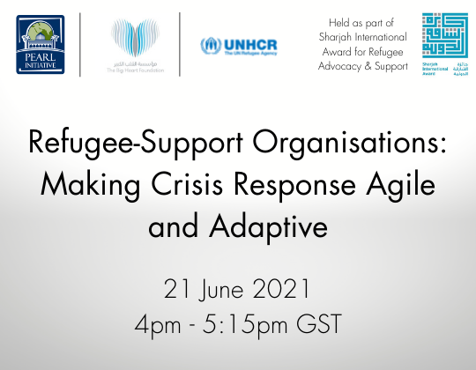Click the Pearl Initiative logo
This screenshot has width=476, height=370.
(x=41, y=43)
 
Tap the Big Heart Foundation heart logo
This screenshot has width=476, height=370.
(x=129, y=39)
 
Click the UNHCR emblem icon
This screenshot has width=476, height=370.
(x=208, y=44)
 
